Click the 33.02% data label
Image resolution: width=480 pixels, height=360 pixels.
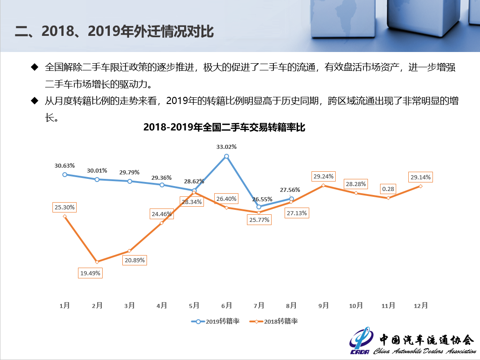[226, 147]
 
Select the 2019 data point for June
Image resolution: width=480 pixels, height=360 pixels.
[226, 156]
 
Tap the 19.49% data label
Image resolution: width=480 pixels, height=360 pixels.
[91, 273]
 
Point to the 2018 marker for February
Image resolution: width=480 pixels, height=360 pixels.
[97, 261]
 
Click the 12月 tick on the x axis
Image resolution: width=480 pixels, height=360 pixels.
[420, 305]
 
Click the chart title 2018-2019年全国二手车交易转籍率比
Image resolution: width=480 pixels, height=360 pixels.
[224, 127]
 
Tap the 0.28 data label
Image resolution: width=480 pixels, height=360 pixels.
[388, 189]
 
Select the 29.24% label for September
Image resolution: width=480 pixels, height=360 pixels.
[324, 176]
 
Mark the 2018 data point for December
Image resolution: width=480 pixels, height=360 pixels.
[420, 186]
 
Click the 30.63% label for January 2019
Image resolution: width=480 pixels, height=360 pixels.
[65, 165]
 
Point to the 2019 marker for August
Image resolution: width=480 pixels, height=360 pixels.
[291, 199]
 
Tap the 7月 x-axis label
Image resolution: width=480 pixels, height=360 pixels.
[259, 305]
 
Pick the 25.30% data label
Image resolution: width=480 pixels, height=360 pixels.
[65, 208]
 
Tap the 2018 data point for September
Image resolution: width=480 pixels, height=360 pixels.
[324, 185]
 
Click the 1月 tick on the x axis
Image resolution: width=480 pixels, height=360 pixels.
[65, 305]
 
